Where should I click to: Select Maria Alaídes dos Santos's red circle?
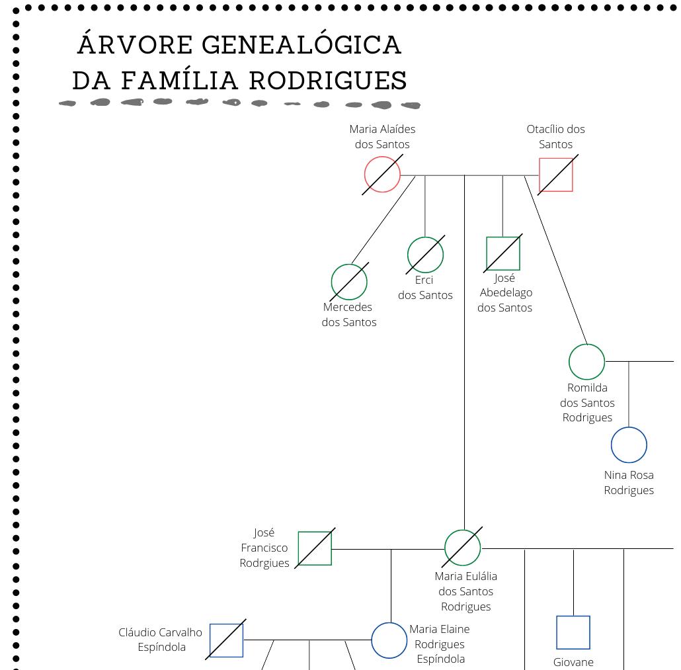pyautogui.click(x=382, y=175)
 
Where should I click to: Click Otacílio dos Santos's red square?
pyautogui.click(x=556, y=175)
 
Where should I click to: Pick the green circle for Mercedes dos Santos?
pyautogui.click(x=349, y=282)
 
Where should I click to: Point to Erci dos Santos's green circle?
pyautogui.click(x=425, y=255)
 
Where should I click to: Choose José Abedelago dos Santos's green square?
pyautogui.click(x=503, y=253)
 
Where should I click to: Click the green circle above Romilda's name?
pyautogui.click(x=586, y=362)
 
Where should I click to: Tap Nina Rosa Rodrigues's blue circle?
pyautogui.click(x=629, y=445)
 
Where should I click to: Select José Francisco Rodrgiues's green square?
pyautogui.click(x=315, y=548)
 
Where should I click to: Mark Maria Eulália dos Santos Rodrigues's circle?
pyautogui.click(x=463, y=548)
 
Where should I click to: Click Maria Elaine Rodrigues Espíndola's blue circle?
pyautogui.click(x=389, y=640)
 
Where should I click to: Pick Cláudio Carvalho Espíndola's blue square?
pyautogui.click(x=226, y=640)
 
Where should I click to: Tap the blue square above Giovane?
pyautogui.click(x=573, y=632)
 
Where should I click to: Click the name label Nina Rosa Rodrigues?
pyautogui.click(x=629, y=483)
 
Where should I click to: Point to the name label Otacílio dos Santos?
pyautogui.click(x=556, y=137)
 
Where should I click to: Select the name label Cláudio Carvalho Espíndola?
pyautogui.click(x=161, y=640)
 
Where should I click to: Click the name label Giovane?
pyautogui.click(x=573, y=662)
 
